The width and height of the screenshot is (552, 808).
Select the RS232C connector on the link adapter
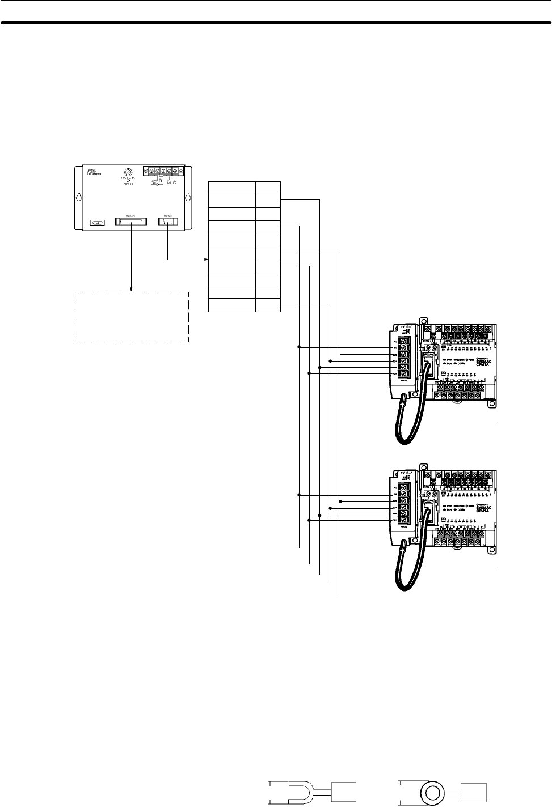[132, 222]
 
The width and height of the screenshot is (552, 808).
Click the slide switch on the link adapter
[98, 223]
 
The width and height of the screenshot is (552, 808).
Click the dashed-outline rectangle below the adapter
[132, 317]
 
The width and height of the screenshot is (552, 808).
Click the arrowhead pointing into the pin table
[206, 260]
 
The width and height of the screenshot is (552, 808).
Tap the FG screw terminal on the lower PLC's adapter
[404, 488]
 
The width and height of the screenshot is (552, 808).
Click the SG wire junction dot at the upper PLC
[298, 347]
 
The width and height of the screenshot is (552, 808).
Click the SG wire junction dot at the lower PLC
[298, 495]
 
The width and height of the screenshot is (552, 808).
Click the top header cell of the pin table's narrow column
[268, 188]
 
